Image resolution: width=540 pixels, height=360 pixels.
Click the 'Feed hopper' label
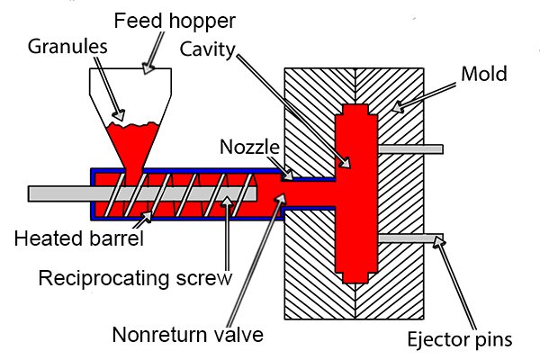click(175, 21)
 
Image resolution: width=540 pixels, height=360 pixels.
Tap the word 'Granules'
click(67, 46)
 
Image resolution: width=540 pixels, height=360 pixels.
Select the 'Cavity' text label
click(207, 49)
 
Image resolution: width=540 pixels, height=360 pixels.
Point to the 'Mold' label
click(484, 74)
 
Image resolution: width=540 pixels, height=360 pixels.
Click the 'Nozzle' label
click(249, 147)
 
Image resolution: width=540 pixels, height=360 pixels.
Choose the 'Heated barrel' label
click(79, 238)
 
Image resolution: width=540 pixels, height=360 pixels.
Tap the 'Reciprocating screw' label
click(135, 278)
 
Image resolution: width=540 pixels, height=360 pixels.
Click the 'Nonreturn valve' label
click(188, 334)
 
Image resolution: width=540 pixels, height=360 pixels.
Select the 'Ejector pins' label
click(460, 339)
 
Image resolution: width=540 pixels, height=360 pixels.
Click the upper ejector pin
click(410, 149)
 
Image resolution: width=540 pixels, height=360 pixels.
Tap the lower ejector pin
click(410, 238)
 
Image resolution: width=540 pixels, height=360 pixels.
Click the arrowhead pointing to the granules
click(119, 115)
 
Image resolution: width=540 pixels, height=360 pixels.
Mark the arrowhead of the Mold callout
click(398, 106)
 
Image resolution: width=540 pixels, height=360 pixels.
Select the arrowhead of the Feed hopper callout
click(148, 67)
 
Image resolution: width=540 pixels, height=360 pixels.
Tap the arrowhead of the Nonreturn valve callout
click(280, 198)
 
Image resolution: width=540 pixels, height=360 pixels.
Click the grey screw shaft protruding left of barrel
click(59, 194)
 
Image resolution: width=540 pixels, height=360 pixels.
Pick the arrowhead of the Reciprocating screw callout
click(227, 201)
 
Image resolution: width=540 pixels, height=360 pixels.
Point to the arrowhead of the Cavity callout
click(345, 162)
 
